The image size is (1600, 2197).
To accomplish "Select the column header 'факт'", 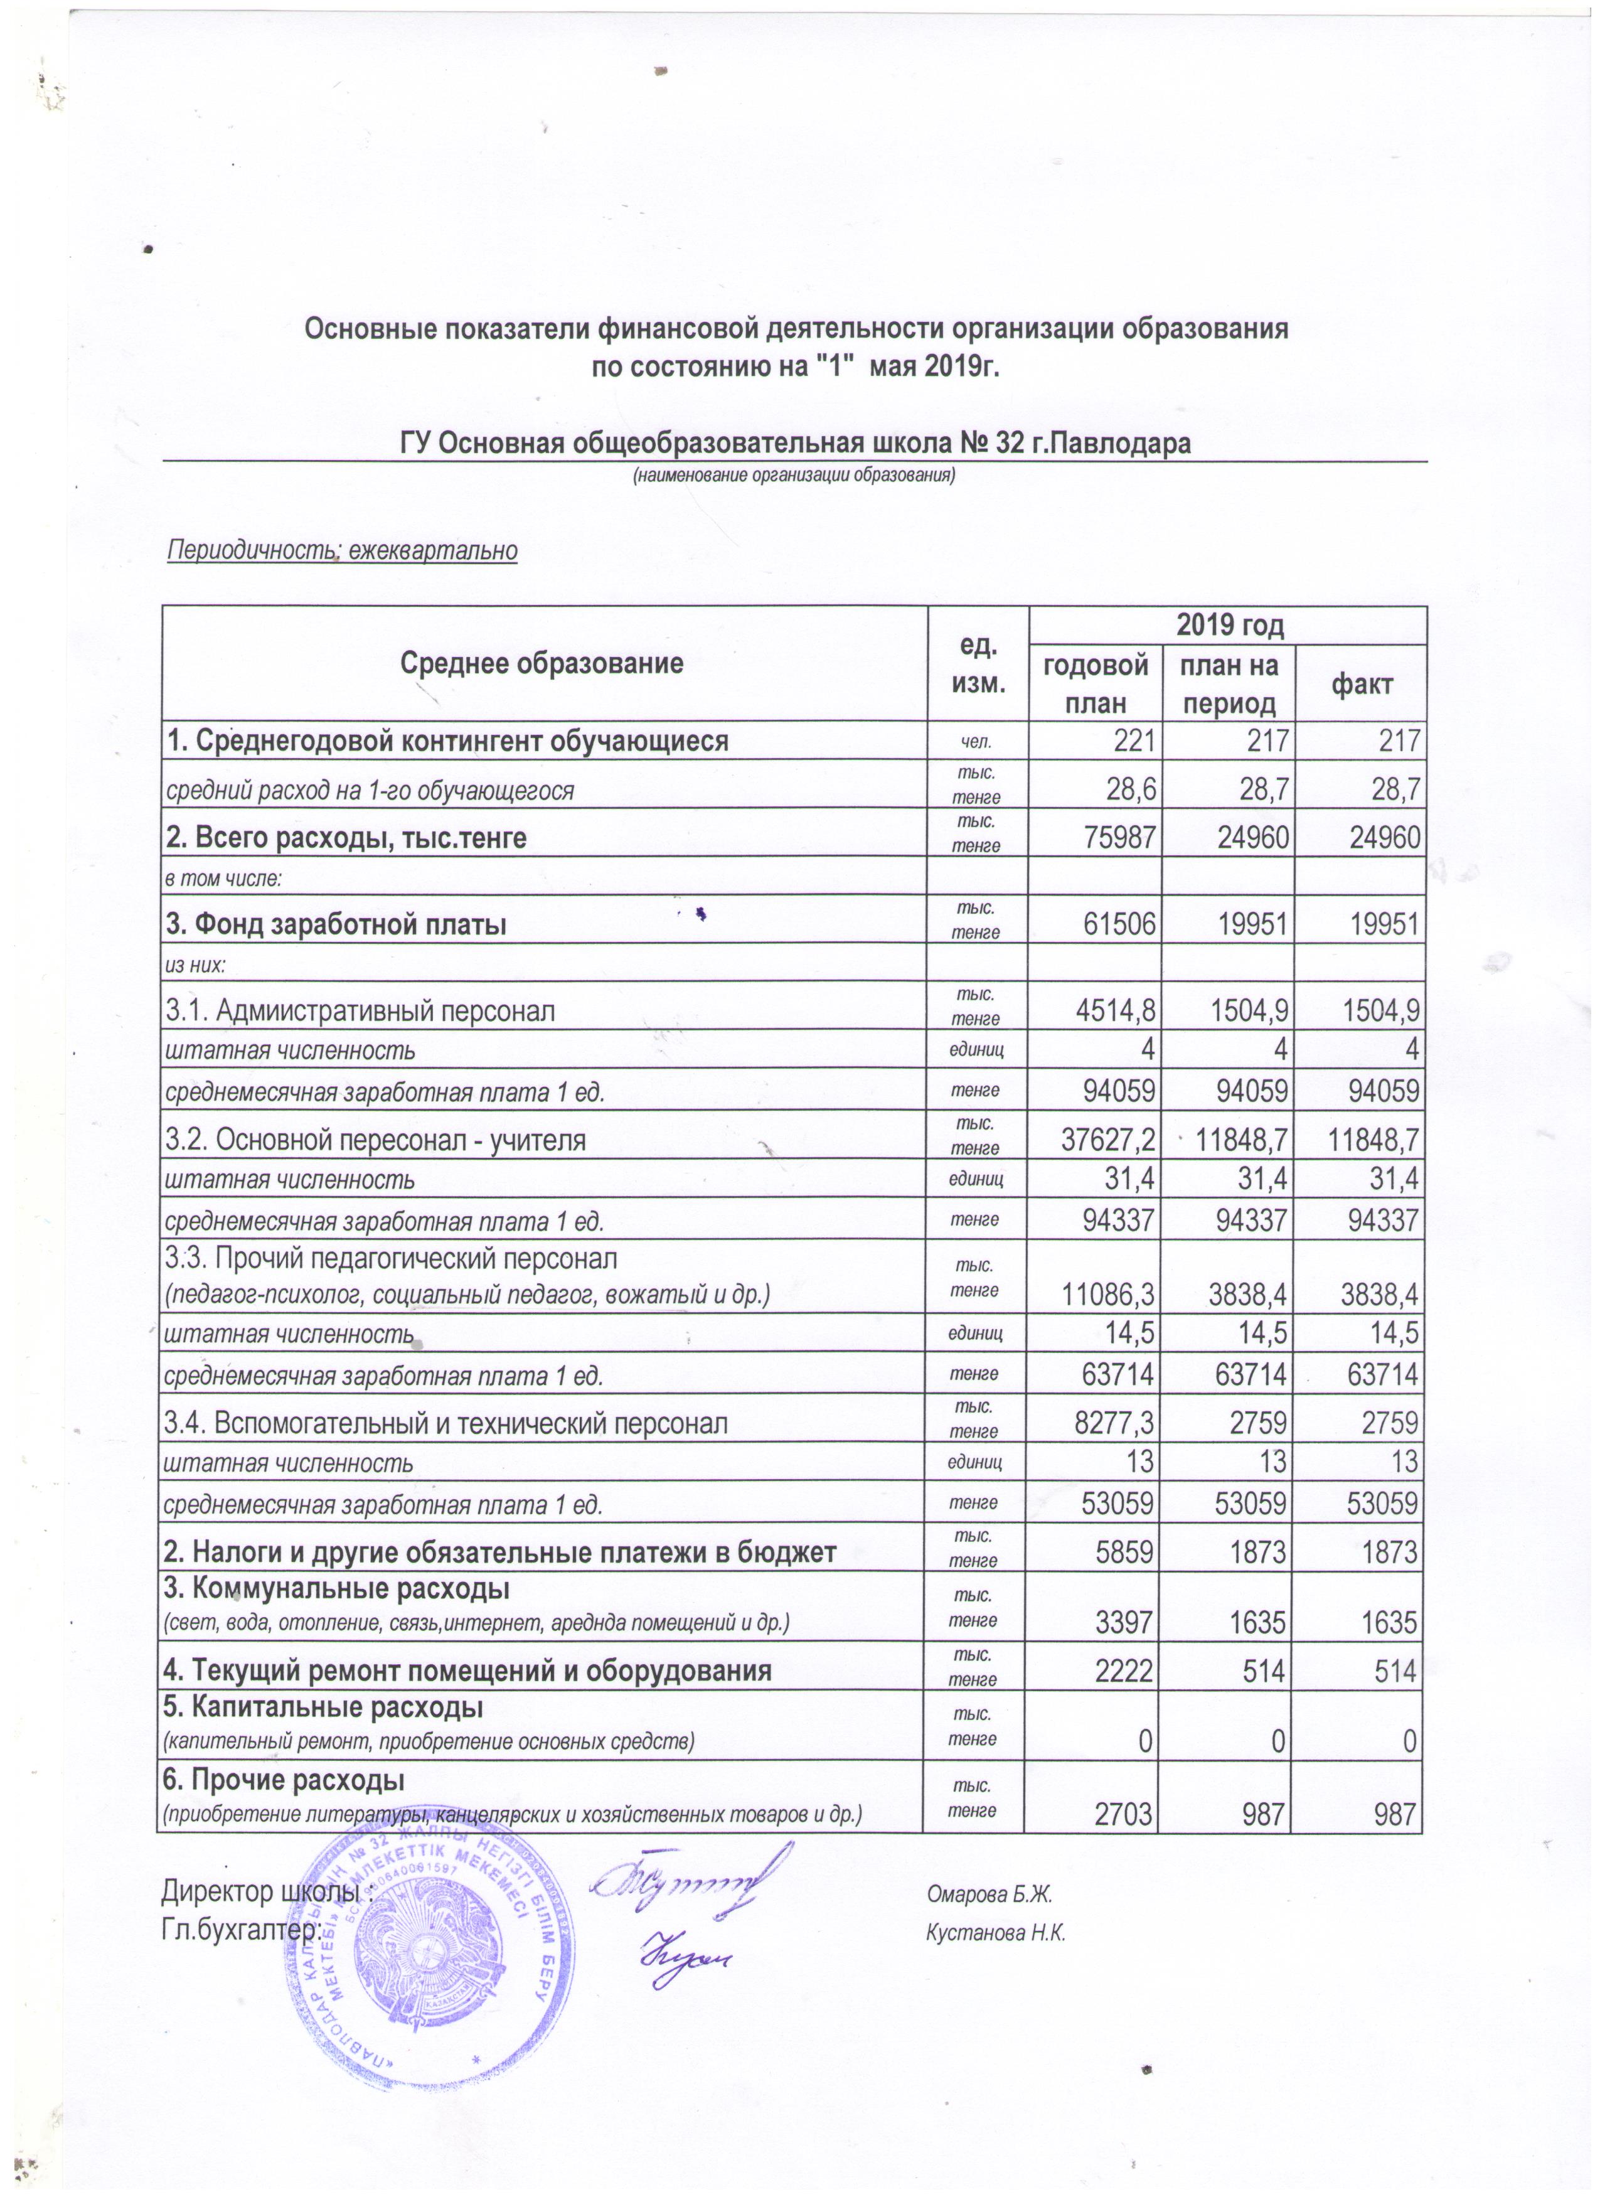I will click(x=1361, y=685).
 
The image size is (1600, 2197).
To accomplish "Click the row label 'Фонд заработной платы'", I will click(x=337, y=924).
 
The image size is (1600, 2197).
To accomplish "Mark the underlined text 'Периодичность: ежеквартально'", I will click(x=343, y=551).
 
